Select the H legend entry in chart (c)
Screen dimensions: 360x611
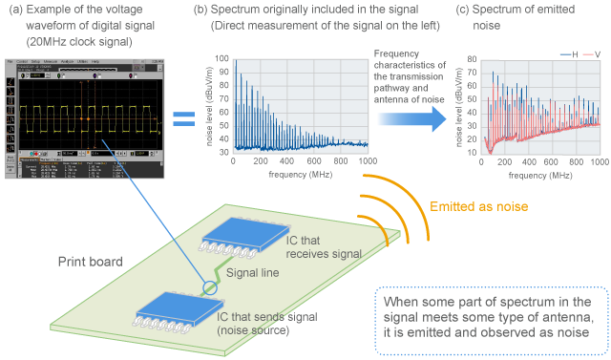[572, 53]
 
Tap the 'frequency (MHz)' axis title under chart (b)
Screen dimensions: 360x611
[299, 175]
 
